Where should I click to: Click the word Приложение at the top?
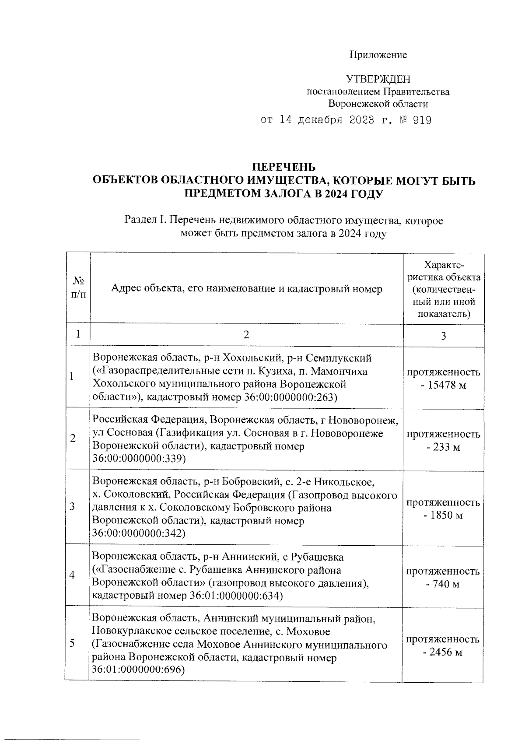tap(378, 55)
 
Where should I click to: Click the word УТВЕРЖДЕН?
tap(378, 79)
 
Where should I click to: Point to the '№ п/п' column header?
tap(78, 287)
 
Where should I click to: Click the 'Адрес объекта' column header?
tap(246, 288)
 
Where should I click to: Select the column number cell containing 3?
tap(443, 336)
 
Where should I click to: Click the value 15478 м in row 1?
tap(444, 386)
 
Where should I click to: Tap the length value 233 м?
tap(444, 448)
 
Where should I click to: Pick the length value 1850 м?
tap(444, 516)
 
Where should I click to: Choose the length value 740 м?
tap(444, 584)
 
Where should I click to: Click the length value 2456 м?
tap(444, 652)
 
